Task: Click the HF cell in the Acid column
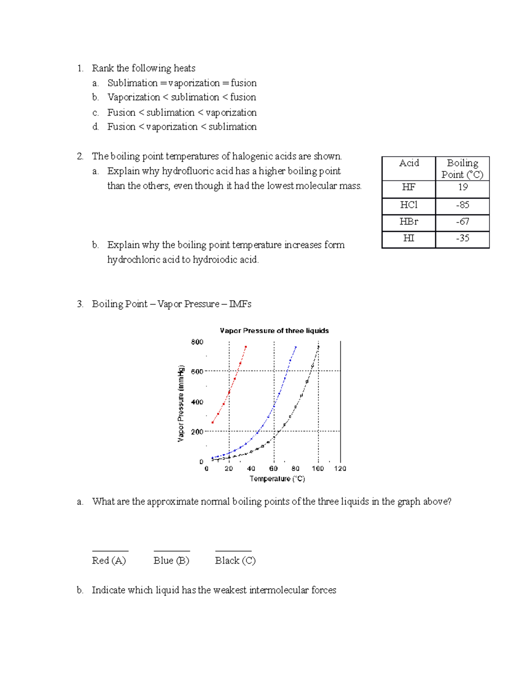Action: tap(408, 187)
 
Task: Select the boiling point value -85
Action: tap(462, 205)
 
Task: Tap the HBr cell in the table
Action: tap(408, 222)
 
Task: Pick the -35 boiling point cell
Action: tap(462, 238)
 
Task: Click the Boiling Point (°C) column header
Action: tap(462, 169)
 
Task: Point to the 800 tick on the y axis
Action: tap(197, 342)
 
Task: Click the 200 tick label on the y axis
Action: tap(197, 432)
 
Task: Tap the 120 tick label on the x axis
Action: tap(340, 469)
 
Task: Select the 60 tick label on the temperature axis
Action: tap(273, 469)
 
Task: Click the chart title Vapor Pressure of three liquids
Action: tap(274, 331)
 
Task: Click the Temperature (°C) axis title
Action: tap(277, 479)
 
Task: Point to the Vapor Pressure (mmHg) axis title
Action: tap(181, 403)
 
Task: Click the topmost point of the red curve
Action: tap(246, 347)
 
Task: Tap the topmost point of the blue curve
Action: tap(296, 347)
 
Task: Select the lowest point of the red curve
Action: tap(213, 422)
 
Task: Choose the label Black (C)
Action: tap(235, 561)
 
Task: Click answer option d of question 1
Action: tap(182, 127)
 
